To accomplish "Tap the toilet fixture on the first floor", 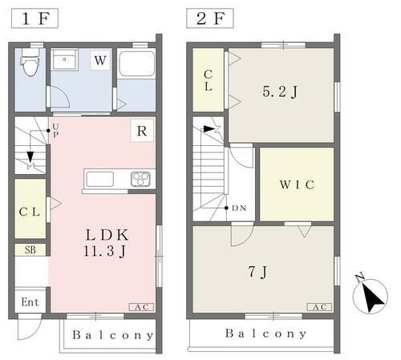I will tap(30, 64).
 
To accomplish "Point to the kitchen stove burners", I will tap(141, 178).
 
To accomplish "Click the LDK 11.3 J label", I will tap(107, 242).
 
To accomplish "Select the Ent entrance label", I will tap(30, 302).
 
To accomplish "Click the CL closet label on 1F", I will tap(30, 212).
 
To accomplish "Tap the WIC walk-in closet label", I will tap(296, 185).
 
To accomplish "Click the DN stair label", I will tap(239, 209).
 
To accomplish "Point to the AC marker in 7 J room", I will tap(318, 306).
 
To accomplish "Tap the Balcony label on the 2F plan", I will tap(265, 334).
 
